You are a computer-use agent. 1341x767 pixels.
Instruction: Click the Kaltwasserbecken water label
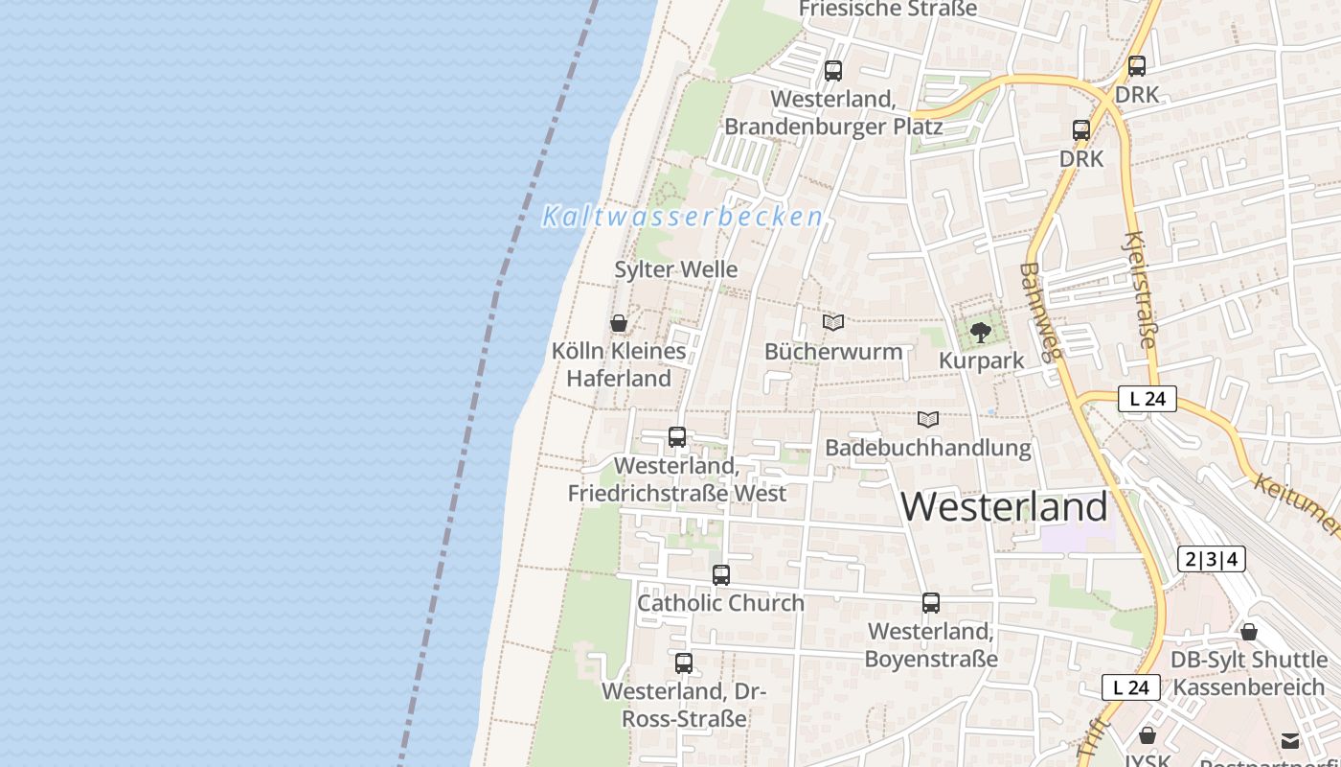click(x=682, y=217)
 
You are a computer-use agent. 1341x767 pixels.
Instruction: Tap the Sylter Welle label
click(x=676, y=269)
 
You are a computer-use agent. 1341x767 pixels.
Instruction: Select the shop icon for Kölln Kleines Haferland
click(x=619, y=323)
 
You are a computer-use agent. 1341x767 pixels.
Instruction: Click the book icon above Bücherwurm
click(x=833, y=323)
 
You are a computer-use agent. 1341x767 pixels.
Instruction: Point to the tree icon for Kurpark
click(x=980, y=333)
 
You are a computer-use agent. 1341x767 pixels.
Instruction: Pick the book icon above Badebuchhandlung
click(x=927, y=419)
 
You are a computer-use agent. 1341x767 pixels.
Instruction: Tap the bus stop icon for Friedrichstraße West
click(x=677, y=437)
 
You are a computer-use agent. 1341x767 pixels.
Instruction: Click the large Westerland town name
click(x=1005, y=506)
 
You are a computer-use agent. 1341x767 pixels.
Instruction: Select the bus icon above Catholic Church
click(x=721, y=575)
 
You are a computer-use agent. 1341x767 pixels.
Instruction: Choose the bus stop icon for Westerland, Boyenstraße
click(x=931, y=603)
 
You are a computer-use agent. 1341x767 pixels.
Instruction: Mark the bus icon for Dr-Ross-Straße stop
click(x=684, y=662)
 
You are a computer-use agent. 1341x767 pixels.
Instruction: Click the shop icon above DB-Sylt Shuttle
click(x=1249, y=632)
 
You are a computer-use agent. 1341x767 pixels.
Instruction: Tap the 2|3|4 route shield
click(x=1211, y=559)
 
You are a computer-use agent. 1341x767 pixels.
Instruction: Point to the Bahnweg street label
click(x=1041, y=311)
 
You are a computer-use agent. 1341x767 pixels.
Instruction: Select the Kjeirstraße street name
click(x=1141, y=289)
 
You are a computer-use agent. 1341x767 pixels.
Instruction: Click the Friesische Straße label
click(x=888, y=9)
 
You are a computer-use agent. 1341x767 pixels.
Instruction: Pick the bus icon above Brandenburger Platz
click(x=833, y=70)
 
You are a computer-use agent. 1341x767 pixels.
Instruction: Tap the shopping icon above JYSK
click(x=1148, y=735)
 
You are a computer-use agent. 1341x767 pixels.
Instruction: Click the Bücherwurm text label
click(x=833, y=351)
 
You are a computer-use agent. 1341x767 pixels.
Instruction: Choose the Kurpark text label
click(x=982, y=360)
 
